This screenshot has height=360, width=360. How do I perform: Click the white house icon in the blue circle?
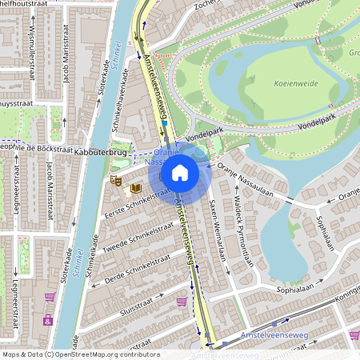180,172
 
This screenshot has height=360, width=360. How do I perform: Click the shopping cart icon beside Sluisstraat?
182,302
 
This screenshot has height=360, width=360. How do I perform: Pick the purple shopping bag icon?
48,321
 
